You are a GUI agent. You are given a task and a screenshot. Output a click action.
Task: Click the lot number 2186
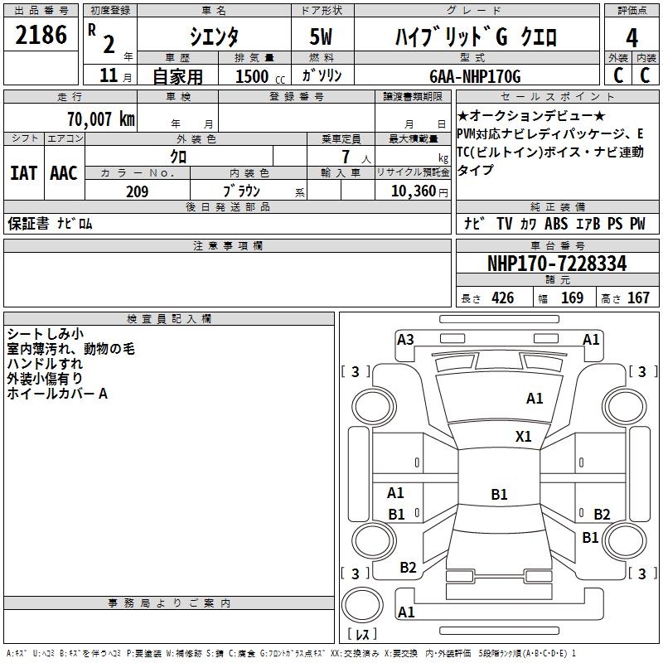click(x=41, y=36)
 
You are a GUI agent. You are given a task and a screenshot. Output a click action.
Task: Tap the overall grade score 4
click(x=632, y=38)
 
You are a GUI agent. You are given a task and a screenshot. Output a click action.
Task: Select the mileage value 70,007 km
click(x=101, y=119)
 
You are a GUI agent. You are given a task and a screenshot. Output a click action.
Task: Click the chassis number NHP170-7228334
click(x=557, y=264)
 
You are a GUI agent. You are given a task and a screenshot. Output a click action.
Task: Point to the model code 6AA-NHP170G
click(x=475, y=76)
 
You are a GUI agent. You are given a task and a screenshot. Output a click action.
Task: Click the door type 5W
click(x=322, y=38)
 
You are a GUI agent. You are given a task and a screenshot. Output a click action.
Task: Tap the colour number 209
click(x=138, y=191)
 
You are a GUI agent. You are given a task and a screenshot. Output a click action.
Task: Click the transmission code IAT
click(x=24, y=173)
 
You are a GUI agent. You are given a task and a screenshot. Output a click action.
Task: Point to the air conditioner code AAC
click(x=63, y=173)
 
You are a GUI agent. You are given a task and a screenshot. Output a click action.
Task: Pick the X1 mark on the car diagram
click(x=524, y=436)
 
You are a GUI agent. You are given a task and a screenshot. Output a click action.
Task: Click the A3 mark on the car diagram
click(x=405, y=339)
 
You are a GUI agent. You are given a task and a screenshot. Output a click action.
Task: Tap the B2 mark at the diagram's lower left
click(x=408, y=568)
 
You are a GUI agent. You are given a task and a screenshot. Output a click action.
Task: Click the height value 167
click(x=638, y=298)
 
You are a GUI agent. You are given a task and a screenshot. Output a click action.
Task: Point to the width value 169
click(x=572, y=298)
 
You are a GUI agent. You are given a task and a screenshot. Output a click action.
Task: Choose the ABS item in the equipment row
click(x=556, y=224)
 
